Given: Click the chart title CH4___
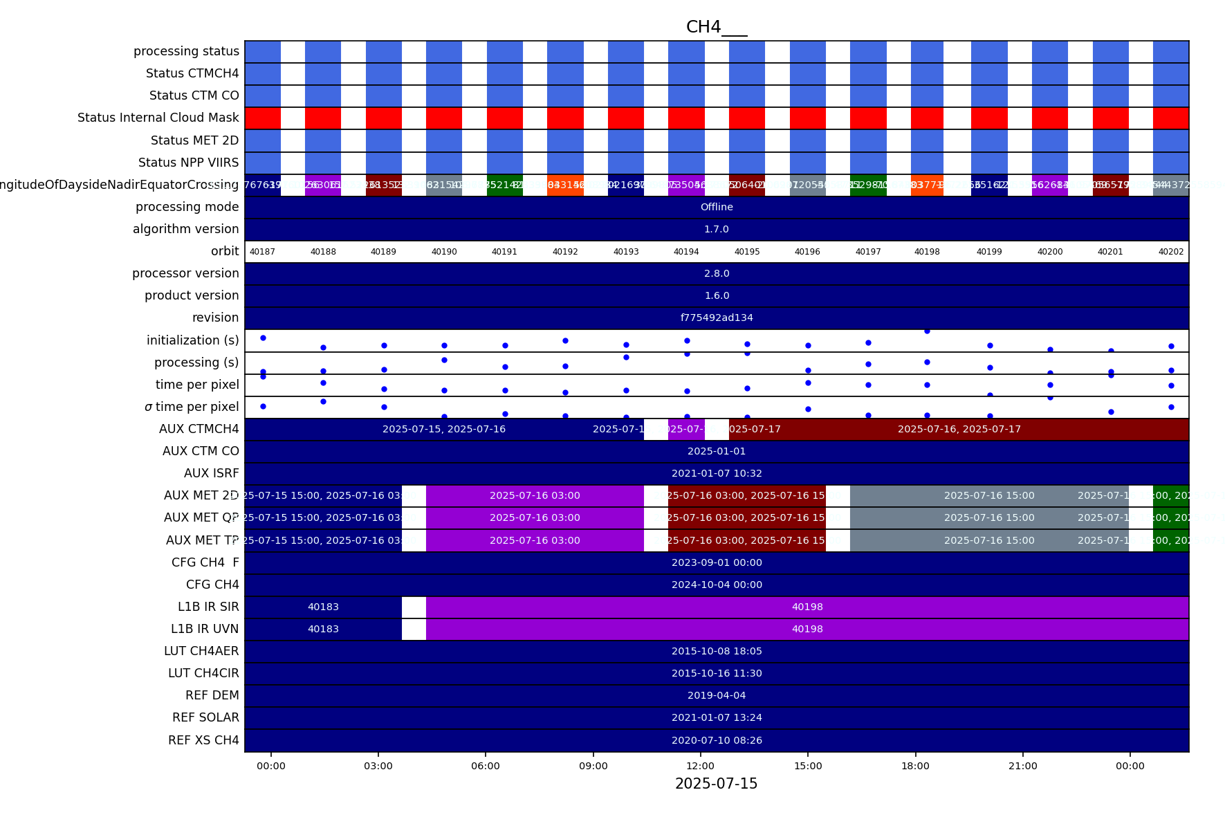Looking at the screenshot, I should [716, 27].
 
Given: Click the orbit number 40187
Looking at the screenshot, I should [262, 252].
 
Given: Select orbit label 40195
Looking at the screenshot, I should [747, 252].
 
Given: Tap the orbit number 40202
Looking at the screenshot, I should [1171, 252].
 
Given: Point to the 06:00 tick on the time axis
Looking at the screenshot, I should [486, 766].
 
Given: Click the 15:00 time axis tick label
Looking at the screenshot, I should [808, 766].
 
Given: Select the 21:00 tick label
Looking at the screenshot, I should [1022, 766].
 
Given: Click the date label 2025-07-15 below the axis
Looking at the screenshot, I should [716, 784].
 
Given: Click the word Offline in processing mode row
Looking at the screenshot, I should [717, 207].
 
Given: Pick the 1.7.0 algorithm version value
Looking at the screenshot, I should [717, 229].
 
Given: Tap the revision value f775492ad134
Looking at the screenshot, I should [717, 318].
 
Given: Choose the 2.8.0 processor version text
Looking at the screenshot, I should [717, 273].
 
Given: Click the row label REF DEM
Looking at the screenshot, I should [212, 695].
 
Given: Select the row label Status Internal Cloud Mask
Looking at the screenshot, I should [158, 118].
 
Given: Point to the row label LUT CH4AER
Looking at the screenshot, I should [201, 651].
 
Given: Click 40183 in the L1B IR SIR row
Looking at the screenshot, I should [323, 607].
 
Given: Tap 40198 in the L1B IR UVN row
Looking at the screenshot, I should [807, 629].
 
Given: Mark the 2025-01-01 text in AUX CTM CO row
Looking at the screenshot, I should [717, 451].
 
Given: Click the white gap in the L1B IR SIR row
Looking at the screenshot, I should [414, 607].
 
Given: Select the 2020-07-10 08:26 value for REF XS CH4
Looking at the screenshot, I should [717, 740].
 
